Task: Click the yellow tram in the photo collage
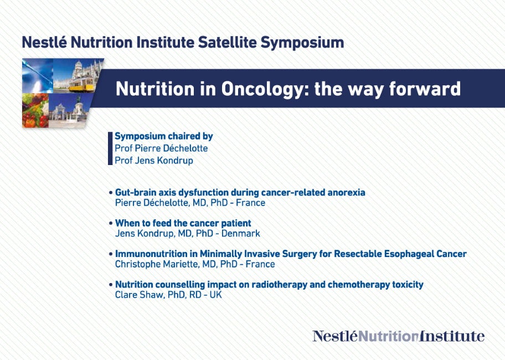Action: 82,84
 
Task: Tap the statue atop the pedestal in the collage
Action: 79,102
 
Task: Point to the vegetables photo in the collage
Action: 35,110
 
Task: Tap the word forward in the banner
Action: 425,89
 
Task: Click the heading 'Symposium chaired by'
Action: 164,136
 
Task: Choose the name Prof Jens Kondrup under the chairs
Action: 154,161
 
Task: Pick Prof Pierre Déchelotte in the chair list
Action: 161,148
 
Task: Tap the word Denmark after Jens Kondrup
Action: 240,233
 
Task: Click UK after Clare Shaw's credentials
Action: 216,295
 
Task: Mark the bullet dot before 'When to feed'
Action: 111,223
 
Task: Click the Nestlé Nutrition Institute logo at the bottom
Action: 398,336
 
